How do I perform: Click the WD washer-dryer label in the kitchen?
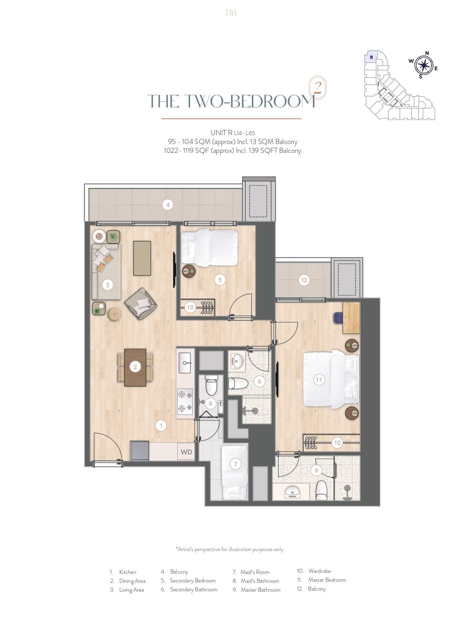[186, 452]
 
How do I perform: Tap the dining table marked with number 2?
[135, 367]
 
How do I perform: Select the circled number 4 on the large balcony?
[168, 205]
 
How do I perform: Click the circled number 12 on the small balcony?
[304, 280]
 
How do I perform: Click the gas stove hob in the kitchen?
[185, 402]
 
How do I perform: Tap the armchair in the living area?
[141, 304]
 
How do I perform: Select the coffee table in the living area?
[142, 258]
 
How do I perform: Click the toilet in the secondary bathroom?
[238, 383]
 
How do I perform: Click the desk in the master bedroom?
[351, 318]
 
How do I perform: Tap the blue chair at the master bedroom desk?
[338, 318]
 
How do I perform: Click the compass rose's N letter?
[427, 53]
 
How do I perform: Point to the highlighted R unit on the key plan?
[371, 57]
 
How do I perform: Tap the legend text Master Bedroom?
[327, 580]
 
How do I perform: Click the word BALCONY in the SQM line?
[287, 142]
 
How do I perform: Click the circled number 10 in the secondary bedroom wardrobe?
[190, 307]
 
